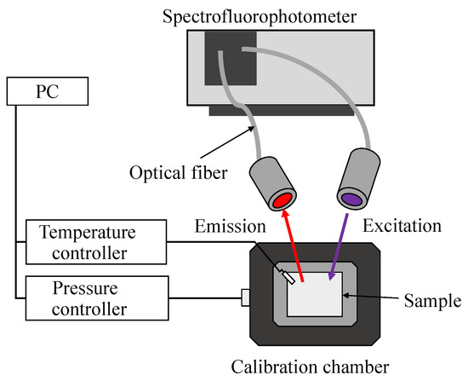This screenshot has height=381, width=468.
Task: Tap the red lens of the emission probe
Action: click(280, 201)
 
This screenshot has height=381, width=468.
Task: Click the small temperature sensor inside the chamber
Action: click(288, 275)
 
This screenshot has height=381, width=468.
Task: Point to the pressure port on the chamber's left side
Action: click(245, 297)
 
